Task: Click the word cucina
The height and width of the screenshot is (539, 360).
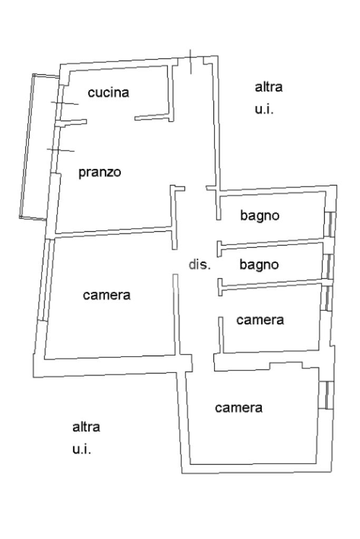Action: point(108,92)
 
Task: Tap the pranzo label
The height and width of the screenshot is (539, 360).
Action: point(100,172)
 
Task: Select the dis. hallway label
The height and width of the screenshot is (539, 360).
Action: point(199,264)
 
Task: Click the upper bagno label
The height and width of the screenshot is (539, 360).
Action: point(260,216)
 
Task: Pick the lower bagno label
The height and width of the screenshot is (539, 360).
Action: point(259,264)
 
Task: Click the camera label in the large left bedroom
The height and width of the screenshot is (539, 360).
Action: point(106,295)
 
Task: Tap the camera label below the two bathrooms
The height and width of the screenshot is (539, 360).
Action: point(260,320)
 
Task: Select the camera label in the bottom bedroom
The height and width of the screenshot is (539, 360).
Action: point(239,408)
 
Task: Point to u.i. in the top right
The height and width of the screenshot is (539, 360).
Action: point(264,109)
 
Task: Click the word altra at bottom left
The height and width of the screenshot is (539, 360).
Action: point(86,427)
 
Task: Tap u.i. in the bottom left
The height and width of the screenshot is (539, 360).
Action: point(82,449)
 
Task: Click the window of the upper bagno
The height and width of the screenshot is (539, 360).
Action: point(330,224)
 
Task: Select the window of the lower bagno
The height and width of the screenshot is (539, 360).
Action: point(328,267)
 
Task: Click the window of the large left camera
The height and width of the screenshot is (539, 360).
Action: point(46,280)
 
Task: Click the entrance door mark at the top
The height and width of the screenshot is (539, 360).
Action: point(190,62)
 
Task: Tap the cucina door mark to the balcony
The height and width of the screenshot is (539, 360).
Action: point(65,103)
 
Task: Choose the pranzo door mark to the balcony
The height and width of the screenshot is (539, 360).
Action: point(61,150)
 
